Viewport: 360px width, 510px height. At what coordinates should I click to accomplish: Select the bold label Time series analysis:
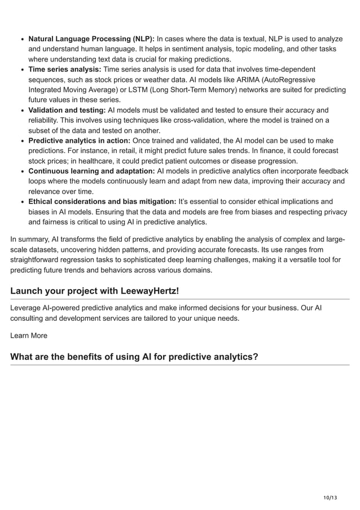click(65, 69)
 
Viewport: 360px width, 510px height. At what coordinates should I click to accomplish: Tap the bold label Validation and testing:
click(67, 110)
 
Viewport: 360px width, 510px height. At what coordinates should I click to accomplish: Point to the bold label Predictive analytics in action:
click(80, 141)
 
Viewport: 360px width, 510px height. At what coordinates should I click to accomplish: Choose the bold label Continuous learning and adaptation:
click(91, 171)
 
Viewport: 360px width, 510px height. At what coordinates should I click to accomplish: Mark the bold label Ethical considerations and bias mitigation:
click(102, 202)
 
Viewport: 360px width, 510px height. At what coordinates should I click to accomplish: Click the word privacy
click(335, 212)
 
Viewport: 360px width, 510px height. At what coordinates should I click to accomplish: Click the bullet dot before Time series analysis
click(21, 70)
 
